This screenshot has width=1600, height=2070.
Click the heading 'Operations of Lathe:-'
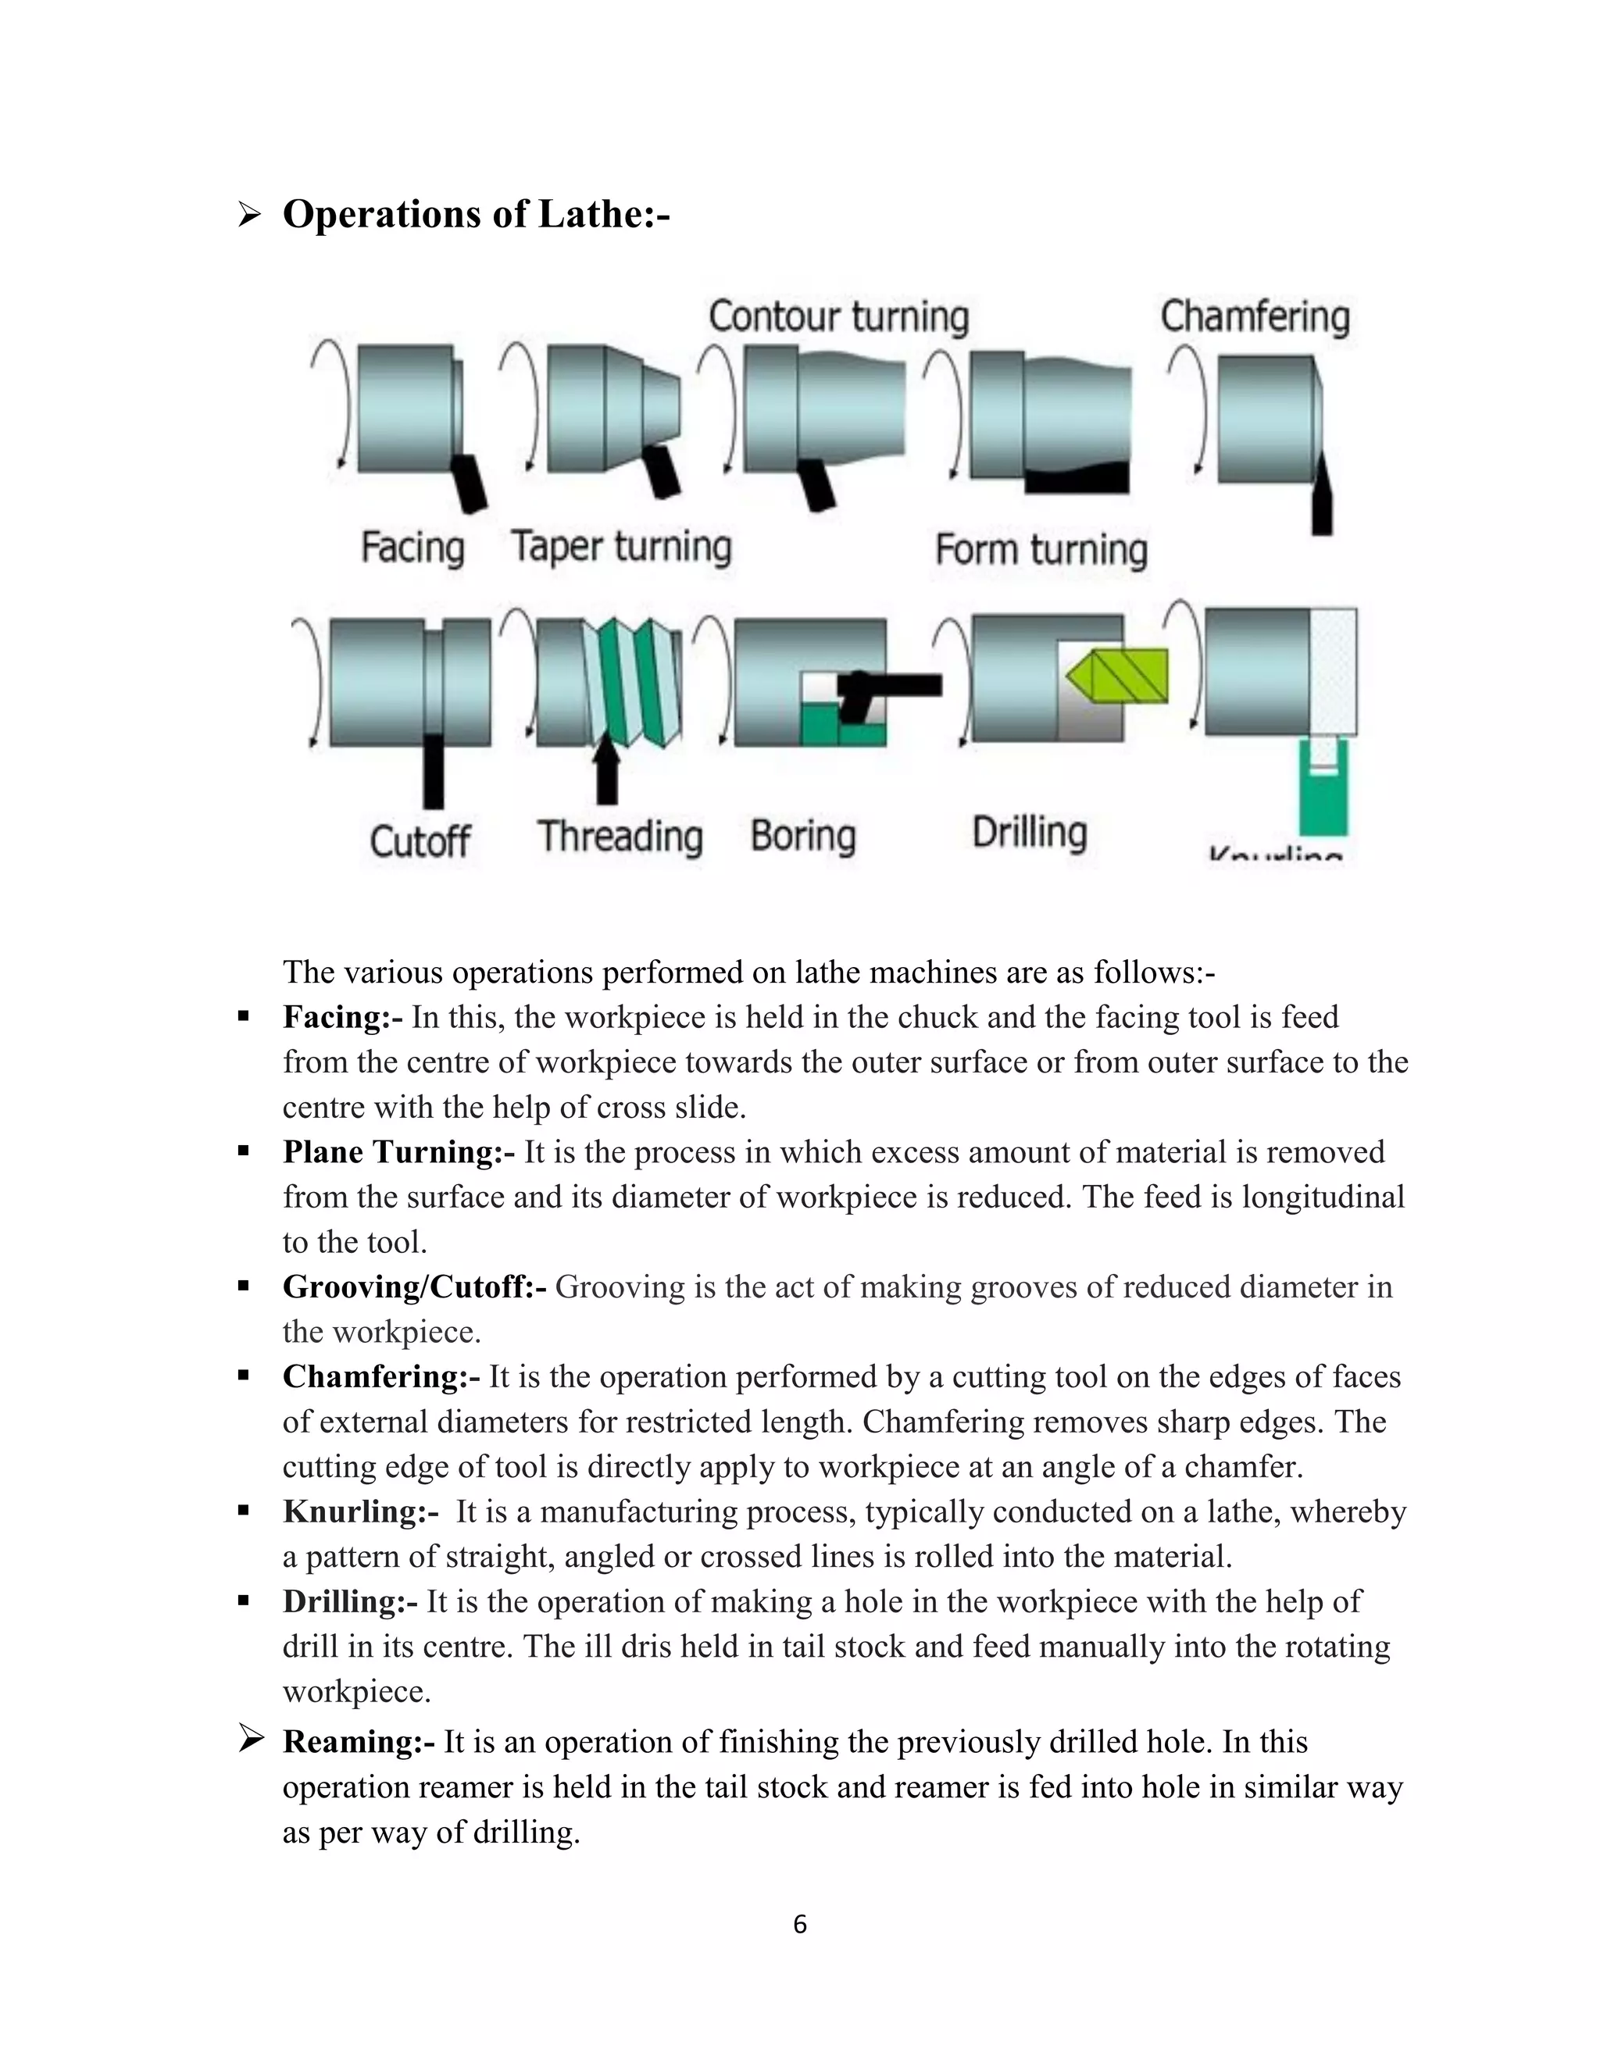476,214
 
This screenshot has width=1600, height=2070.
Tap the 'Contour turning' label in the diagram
838,316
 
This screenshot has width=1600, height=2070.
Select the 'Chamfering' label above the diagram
1254,316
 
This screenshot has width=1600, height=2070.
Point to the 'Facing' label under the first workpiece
412,548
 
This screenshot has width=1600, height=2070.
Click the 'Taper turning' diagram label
622,547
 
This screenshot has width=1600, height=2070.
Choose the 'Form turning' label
1041,550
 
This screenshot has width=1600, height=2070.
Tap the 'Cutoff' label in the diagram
419,840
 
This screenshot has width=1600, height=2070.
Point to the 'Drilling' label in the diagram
1030,832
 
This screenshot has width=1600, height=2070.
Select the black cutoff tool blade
433,769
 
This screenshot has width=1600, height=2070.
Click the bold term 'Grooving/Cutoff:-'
414,1287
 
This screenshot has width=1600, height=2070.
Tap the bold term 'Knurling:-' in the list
360,1511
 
